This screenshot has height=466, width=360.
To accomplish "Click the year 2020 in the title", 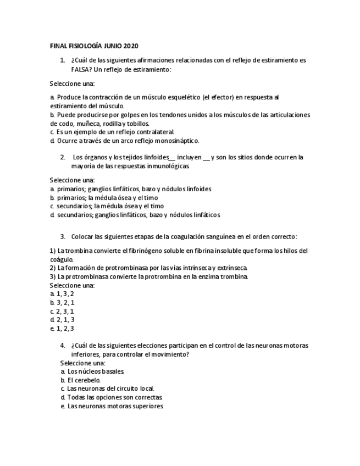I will (x=132, y=46).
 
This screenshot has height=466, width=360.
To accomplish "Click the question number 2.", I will (x=63, y=157).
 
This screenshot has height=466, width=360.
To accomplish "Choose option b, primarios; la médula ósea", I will (x=104, y=197).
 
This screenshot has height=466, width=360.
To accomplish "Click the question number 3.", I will (x=63, y=236).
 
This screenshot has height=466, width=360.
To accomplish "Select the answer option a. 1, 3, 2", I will (x=62, y=294).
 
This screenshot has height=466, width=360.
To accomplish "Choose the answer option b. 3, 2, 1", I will (x=62, y=302).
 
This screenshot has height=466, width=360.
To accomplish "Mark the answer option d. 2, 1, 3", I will (x=62, y=320).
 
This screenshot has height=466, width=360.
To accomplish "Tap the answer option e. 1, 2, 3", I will (x=62, y=329).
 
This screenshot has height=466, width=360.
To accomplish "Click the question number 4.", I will (x=63, y=346).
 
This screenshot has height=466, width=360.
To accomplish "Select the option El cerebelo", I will (x=84, y=380).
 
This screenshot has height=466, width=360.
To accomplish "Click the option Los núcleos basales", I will (x=92, y=371).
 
